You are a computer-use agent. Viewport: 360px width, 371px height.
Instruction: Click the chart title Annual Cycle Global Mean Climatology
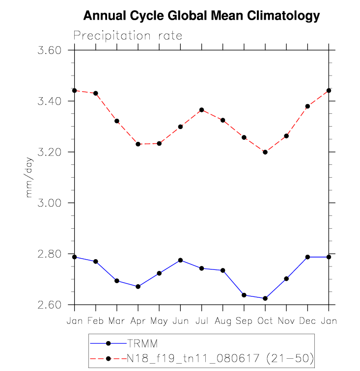[x=201, y=16]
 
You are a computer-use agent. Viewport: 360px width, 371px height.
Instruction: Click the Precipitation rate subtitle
[x=128, y=36]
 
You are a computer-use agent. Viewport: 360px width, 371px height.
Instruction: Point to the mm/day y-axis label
[x=29, y=178]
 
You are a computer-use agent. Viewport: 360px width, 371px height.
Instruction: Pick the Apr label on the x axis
[x=138, y=320]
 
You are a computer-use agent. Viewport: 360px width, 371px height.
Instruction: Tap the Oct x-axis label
[x=265, y=320]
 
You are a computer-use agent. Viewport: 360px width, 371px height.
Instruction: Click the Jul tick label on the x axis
[x=201, y=320]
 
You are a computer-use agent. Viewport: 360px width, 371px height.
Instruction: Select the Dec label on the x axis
[x=307, y=320]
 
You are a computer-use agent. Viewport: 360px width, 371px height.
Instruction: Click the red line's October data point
[x=265, y=152]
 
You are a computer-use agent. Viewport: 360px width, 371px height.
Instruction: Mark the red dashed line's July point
[x=201, y=110]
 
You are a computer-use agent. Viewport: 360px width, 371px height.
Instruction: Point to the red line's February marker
[x=96, y=93]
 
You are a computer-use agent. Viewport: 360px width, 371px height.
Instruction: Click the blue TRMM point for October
[x=265, y=298]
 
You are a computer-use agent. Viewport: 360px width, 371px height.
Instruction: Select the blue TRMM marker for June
[x=180, y=260]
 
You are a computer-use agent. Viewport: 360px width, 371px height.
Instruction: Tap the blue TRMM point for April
[x=138, y=287]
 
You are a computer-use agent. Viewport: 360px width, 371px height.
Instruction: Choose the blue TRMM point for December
[x=307, y=257]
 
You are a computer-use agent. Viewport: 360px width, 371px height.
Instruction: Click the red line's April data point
[x=138, y=144]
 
